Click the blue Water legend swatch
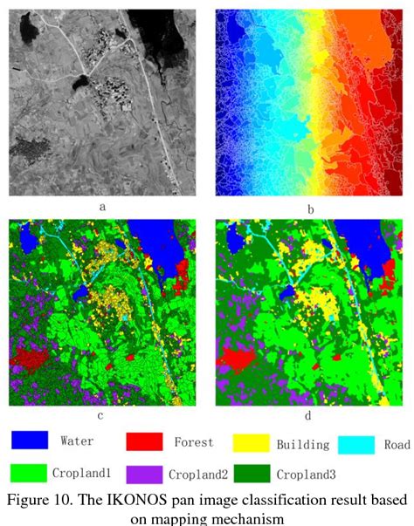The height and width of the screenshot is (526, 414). (x=29, y=441)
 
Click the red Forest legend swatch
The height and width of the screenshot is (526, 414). (x=144, y=441)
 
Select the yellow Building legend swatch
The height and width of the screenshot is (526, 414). (x=252, y=442)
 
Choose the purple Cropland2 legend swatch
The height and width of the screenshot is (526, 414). (x=144, y=474)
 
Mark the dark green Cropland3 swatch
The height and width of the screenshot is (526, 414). (x=252, y=474)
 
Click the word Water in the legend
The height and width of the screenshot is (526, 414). (x=77, y=441)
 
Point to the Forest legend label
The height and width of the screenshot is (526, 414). (x=193, y=442)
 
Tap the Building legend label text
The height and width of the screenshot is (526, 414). (x=303, y=444)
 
